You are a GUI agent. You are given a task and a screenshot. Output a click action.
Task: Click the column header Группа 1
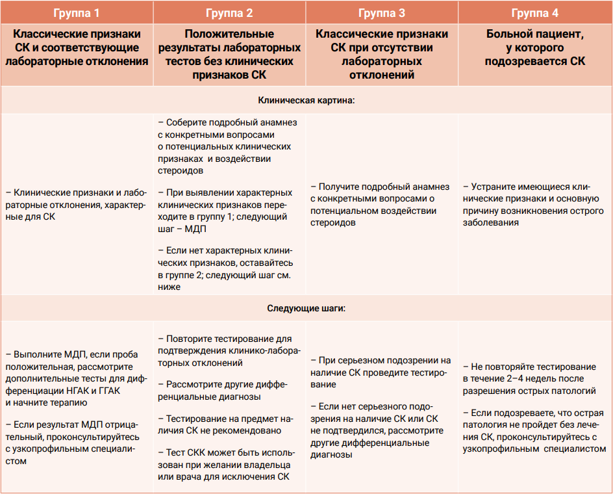(x=76, y=12)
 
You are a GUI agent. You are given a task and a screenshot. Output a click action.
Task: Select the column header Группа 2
(x=229, y=12)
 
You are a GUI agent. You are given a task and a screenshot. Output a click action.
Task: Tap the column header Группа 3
(x=382, y=12)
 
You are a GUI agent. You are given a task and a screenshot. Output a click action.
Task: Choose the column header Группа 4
(x=535, y=12)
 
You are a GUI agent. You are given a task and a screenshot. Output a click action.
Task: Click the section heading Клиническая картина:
(x=306, y=101)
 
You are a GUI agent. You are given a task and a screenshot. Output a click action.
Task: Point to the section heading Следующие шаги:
(x=306, y=308)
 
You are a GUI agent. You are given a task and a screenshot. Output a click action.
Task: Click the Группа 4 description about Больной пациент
(x=535, y=47)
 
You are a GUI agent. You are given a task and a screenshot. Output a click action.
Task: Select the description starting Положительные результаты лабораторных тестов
(x=229, y=54)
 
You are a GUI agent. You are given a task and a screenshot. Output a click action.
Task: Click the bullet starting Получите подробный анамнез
(x=381, y=204)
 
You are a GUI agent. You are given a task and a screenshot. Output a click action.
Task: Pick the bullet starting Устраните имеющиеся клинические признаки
(x=533, y=204)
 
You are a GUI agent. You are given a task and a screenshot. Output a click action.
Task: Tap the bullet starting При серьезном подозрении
(x=381, y=372)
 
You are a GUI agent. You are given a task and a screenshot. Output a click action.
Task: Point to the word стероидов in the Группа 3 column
(x=333, y=222)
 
